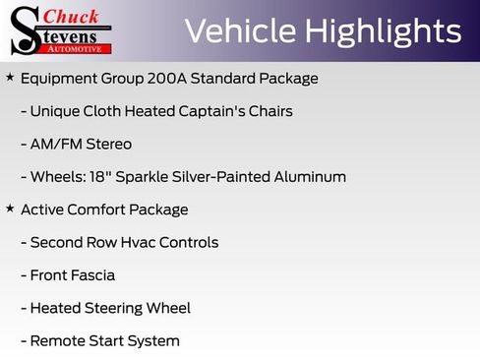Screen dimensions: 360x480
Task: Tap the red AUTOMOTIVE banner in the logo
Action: pos(75,47)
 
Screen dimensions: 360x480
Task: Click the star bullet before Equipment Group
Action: pos(10,77)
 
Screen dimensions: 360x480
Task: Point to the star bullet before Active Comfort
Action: pos(10,209)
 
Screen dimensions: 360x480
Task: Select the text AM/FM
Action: pos(53,144)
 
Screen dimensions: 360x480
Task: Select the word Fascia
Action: pos(92,275)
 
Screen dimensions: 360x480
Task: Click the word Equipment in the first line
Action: pos(57,78)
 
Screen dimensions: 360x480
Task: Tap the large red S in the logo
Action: pos(27,30)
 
